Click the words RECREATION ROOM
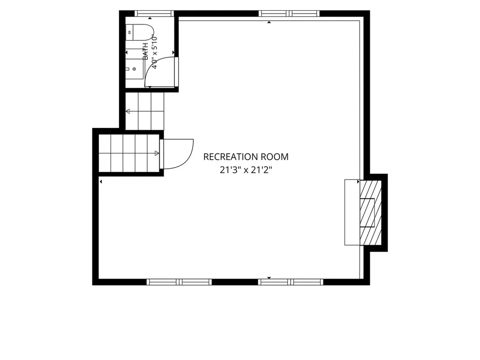tap(246, 157)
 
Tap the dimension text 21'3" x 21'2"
tap(246, 170)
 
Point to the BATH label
tap(146, 51)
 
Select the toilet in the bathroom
tap(139, 32)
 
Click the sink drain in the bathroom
tap(134, 69)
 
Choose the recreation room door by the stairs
tap(177, 154)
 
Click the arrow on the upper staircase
tap(128, 111)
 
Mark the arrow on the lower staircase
tap(157, 153)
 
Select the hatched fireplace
tap(370, 212)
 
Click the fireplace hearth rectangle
tap(352, 212)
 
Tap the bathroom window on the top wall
tap(154, 14)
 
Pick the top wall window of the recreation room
tap(289, 14)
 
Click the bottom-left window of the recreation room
tap(179, 282)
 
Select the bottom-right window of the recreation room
tap(291, 282)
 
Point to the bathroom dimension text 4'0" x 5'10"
tap(155, 52)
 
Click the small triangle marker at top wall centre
tap(269, 22)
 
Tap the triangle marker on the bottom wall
tap(269, 278)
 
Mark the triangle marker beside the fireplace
tap(358, 182)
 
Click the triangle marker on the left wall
tap(101, 182)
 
